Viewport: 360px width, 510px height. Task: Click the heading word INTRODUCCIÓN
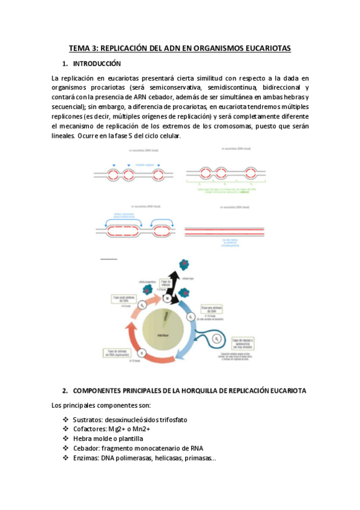[x=97, y=64]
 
